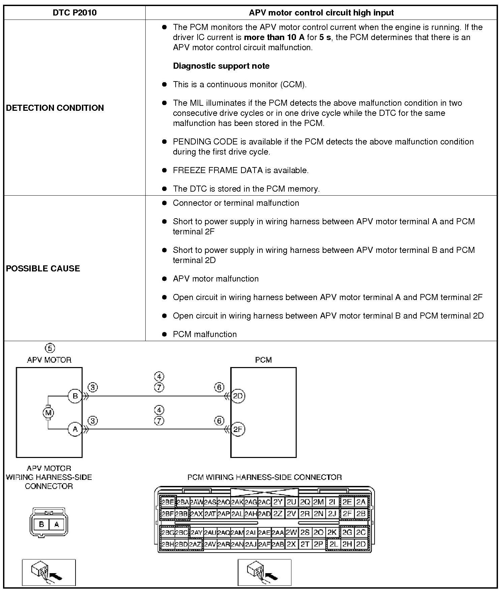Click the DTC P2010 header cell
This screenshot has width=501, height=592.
tap(75, 13)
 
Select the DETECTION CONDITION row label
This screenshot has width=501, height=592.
tap(55, 108)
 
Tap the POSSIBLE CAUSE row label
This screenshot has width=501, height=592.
tap(43, 268)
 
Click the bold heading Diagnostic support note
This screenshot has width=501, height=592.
tap(221, 66)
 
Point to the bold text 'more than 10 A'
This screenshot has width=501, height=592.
tap(274, 37)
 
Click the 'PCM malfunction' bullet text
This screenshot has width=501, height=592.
tap(205, 334)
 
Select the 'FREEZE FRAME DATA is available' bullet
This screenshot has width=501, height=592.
tap(240, 170)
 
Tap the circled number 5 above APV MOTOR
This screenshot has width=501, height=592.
tap(50, 348)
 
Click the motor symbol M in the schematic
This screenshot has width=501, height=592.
tap(48, 413)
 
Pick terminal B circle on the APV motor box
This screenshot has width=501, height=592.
tap(75, 396)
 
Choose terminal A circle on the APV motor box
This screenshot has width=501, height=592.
tap(75, 429)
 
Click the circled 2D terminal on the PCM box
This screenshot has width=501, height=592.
tap(238, 396)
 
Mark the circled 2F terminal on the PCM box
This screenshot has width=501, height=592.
tap(238, 429)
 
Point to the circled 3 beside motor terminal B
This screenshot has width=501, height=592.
tap(93, 387)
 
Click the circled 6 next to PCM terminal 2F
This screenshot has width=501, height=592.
tap(219, 421)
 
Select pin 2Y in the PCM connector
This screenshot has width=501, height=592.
tap(278, 502)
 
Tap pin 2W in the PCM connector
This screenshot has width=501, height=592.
tap(291, 532)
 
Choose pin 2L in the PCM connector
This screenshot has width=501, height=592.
tap(333, 544)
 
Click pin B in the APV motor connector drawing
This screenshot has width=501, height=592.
tap(41, 524)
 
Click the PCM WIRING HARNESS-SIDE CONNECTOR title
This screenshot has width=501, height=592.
tap(264, 477)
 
